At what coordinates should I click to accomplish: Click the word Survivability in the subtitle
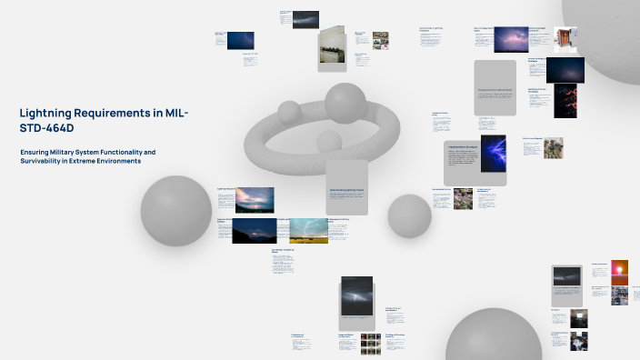point(43,161)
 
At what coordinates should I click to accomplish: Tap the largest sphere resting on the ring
point(345,103)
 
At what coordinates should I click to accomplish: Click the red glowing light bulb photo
point(622,269)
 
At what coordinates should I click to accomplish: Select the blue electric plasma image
point(494,154)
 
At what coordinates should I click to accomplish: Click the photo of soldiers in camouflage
point(553,146)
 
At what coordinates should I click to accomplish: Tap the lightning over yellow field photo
point(308,230)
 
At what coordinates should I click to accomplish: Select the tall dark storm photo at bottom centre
point(356,296)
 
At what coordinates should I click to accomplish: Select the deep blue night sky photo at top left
point(241,40)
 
